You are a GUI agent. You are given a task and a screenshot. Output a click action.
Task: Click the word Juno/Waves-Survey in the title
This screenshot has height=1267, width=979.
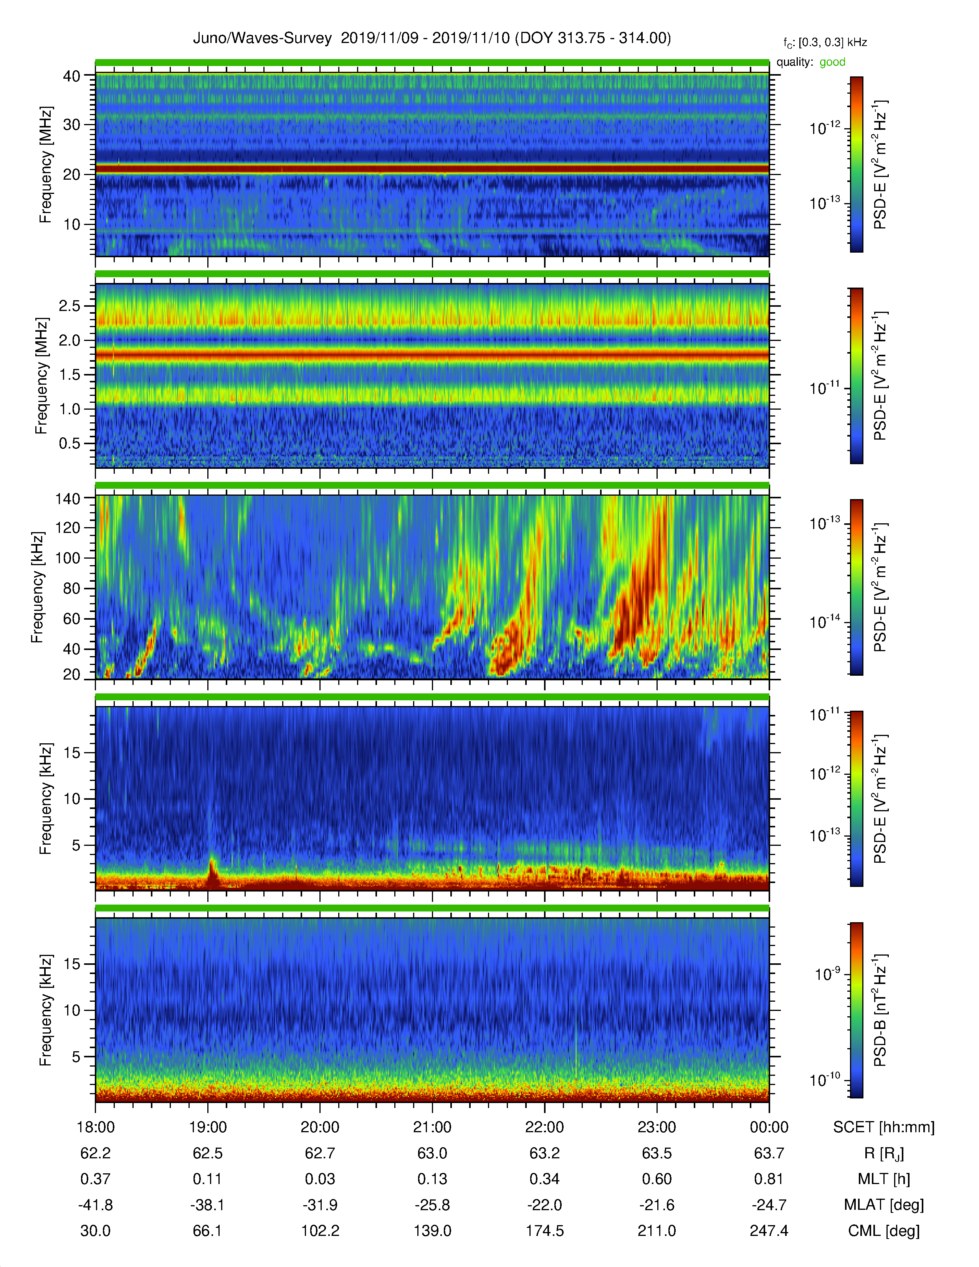tap(262, 38)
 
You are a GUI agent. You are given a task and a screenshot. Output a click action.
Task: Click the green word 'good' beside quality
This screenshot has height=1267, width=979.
tap(832, 62)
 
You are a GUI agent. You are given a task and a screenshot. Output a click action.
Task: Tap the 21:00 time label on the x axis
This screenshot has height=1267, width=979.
tap(432, 1127)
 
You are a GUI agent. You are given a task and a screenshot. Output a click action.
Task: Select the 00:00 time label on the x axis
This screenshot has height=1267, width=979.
tap(769, 1127)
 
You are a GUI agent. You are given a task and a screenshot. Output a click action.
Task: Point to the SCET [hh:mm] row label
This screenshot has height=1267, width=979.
tap(884, 1127)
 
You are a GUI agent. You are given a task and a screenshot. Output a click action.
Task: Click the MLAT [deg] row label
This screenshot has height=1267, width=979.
tap(884, 1205)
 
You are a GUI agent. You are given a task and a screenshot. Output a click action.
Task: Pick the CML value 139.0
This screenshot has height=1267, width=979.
tap(432, 1231)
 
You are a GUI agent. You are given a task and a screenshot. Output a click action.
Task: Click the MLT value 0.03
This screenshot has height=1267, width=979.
tap(320, 1179)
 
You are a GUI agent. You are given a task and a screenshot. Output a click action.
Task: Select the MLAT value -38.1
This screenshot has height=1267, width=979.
tap(208, 1205)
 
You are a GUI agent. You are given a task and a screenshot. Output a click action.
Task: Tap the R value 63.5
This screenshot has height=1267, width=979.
tap(657, 1153)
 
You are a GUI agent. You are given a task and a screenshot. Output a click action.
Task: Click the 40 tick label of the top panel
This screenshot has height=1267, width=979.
tap(72, 76)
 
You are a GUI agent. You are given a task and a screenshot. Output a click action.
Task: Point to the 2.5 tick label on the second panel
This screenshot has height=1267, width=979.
tap(69, 306)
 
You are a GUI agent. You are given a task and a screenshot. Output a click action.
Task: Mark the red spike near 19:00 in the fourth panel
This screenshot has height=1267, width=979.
tap(212, 874)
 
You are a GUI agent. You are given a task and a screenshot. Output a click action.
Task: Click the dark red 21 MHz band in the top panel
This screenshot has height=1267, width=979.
tap(432, 169)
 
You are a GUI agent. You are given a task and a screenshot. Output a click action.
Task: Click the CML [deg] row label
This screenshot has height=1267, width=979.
tap(884, 1231)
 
